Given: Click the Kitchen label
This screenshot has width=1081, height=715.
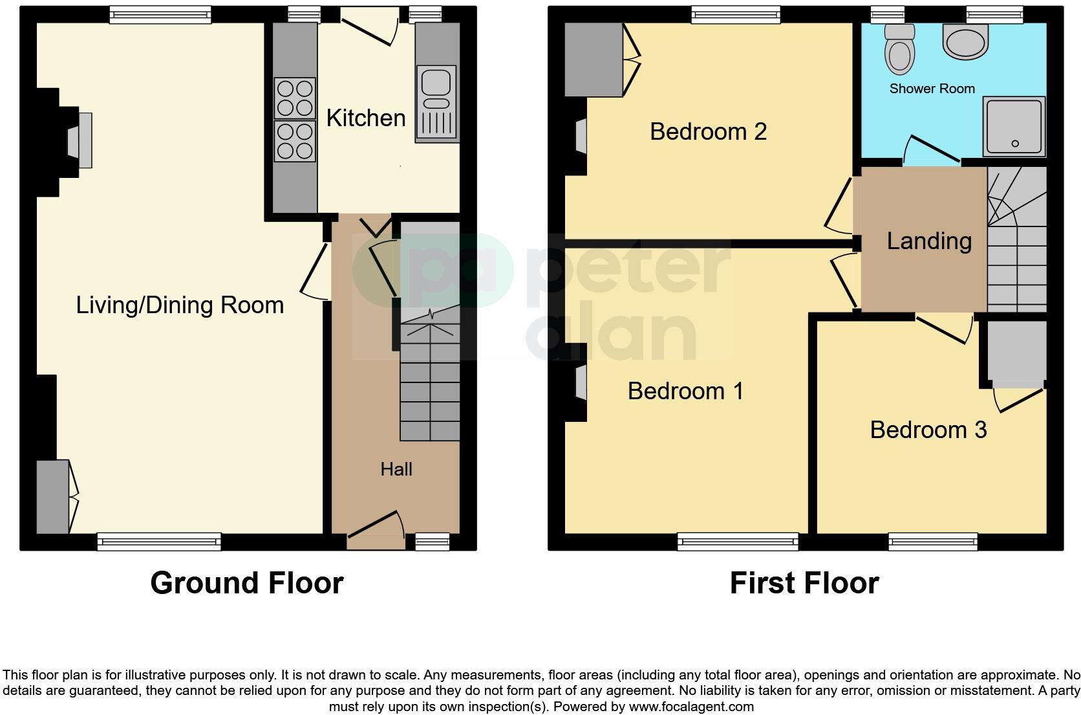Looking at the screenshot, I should click(366, 118).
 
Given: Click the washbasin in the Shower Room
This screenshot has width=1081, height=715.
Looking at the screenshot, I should click(966, 41).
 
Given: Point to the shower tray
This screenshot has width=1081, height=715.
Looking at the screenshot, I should click(1014, 126).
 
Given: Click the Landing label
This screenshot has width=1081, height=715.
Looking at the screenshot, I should click(929, 241).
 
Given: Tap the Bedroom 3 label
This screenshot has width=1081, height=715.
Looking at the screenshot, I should click(928, 430).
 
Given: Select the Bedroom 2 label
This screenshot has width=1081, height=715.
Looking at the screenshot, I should click(708, 131).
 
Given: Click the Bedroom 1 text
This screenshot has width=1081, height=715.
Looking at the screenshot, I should click(685, 391).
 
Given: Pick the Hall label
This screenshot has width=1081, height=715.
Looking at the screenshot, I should click(396, 469).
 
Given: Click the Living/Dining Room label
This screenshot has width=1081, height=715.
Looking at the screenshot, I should click(180, 305).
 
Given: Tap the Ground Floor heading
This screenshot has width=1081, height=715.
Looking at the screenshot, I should click(246, 583).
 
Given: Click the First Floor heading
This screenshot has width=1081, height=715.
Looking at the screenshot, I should click(804, 583).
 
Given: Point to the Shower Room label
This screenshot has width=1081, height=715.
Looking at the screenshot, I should click(932, 89).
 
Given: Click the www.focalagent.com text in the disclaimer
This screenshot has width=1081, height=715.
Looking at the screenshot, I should click(691, 707).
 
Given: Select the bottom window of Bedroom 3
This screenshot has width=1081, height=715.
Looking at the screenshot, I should click(932, 542).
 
